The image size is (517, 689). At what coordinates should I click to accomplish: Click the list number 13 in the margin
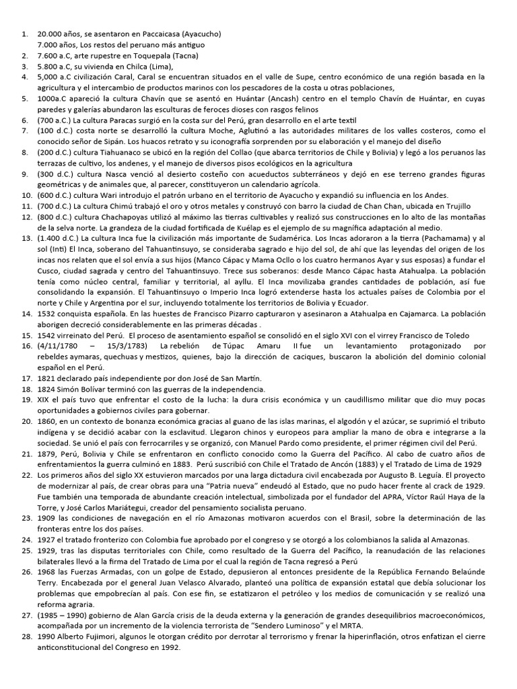click(x=26, y=238)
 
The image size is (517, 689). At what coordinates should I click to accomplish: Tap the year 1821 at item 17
click(x=48, y=378)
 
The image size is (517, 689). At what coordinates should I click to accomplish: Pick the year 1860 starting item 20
click(x=50, y=421)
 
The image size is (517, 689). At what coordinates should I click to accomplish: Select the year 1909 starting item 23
click(x=48, y=518)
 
